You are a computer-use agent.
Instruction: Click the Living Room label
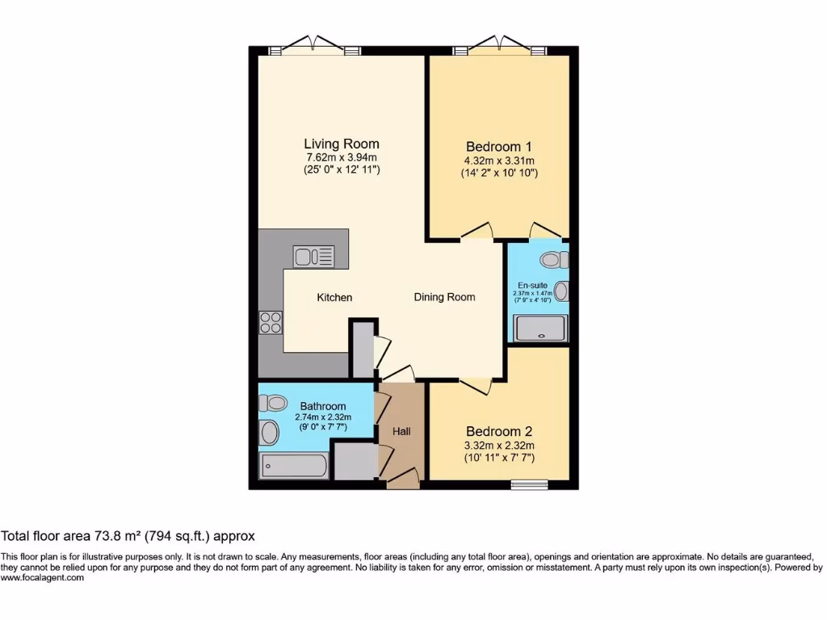point(342,144)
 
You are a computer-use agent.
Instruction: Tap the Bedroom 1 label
point(499,146)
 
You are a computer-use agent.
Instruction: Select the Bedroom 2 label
point(499,431)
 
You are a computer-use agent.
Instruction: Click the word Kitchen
point(334,297)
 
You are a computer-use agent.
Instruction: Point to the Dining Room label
point(444,297)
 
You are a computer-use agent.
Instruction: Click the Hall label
point(401,431)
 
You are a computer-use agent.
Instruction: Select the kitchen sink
point(314,257)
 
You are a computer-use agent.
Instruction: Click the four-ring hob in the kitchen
point(271,322)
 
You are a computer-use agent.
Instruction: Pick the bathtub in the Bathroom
point(294,466)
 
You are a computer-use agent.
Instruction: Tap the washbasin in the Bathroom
point(268,433)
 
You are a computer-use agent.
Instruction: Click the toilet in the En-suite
point(553,260)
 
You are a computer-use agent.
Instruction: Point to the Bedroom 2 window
point(530,484)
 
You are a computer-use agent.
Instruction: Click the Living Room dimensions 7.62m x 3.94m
point(342,157)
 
